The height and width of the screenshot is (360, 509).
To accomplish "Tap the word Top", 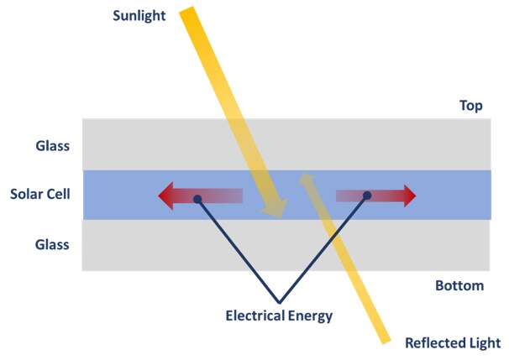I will (x=471, y=106).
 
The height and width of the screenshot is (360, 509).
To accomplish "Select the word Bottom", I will (x=459, y=286).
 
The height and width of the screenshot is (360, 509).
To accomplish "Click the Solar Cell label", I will (x=39, y=195).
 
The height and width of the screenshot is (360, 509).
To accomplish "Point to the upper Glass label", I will (x=51, y=145).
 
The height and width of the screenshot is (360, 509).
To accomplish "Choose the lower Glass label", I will (x=51, y=244).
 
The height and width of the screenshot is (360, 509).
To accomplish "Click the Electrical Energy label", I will (x=279, y=316).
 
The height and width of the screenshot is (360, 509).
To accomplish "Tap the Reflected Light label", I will (x=453, y=343).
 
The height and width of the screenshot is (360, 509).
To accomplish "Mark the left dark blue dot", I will (x=197, y=199).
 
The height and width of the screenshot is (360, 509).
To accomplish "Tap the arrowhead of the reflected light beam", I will (x=307, y=179).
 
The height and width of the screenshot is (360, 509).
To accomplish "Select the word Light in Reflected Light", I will (x=484, y=343).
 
